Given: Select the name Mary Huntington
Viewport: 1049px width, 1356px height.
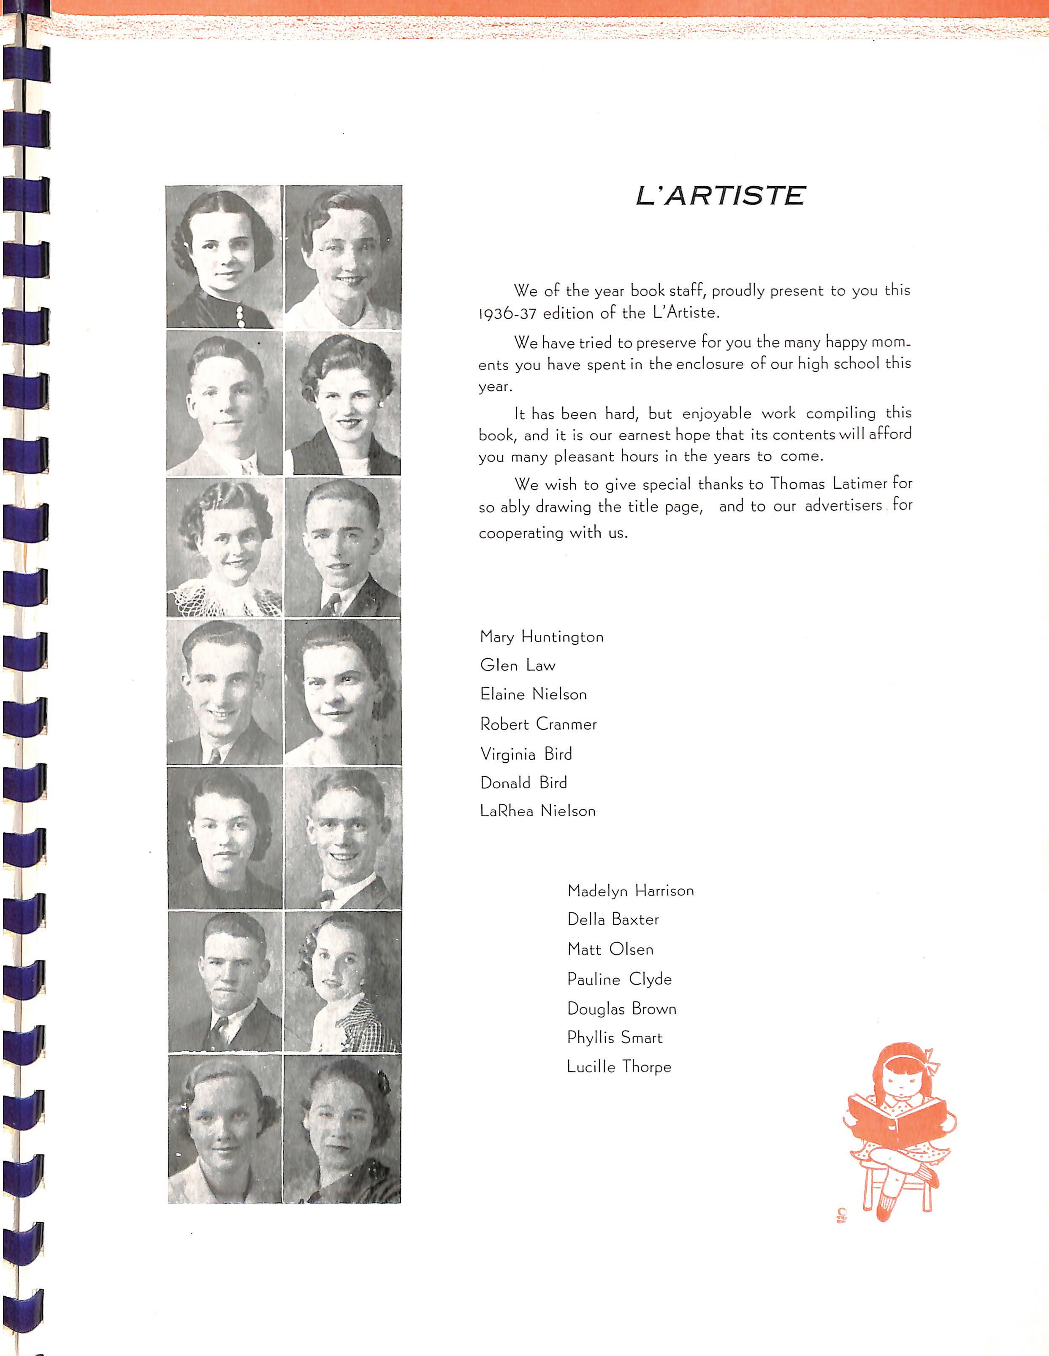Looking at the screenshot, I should [542, 637].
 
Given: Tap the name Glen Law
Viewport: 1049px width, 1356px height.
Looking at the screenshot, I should [518, 666].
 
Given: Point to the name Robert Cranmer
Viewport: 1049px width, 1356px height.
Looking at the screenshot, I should [538, 724].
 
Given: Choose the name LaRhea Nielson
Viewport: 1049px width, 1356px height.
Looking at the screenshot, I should [537, 811].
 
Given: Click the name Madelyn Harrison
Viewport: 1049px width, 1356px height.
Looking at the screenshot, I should [630, 891].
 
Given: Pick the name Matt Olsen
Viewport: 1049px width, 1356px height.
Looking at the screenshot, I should [610, 949].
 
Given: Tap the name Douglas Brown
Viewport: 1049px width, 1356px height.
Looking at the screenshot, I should [621, 1009].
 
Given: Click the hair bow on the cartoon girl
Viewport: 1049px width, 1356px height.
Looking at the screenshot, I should [931, 1057].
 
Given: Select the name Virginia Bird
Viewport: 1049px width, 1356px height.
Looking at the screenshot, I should [526, 754].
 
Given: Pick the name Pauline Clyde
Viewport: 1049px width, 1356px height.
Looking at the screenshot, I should [619, 979].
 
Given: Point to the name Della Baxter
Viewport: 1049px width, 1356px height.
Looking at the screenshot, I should [613, 920].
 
